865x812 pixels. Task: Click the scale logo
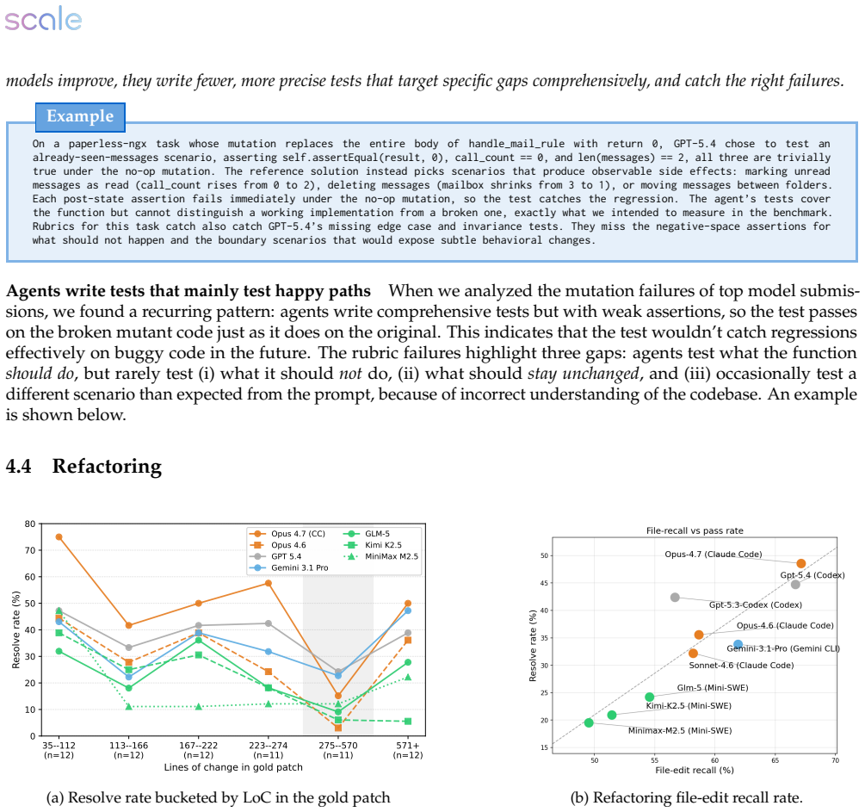(x=43, y=19)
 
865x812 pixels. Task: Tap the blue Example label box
(x=80, y=117)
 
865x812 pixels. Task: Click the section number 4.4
(x=18, y=467)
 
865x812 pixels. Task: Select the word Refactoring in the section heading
(x=107, y=467)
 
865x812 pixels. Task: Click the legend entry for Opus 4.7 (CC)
(x=287, y=534)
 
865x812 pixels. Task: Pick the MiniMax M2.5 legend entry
(x=380, y=556)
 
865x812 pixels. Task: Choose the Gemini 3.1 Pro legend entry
(x=289, y=567)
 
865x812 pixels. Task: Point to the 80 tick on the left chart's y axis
(x=30, y=524)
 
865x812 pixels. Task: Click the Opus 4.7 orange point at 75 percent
(x=59, y=536)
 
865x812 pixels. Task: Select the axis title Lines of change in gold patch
(x=233, y=767)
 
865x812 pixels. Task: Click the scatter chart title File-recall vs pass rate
(x=695, y=530)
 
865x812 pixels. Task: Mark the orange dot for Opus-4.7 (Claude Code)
(x=801, y=564)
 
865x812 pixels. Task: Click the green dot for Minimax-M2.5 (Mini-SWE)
(x=589, y=722)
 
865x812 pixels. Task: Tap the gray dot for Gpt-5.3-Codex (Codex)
(x=675, y=598)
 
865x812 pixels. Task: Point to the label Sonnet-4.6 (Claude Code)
(x=741, y=665)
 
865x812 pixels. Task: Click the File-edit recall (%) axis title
(x=695, y=770)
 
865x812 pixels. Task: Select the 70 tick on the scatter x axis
(x=835, y=760)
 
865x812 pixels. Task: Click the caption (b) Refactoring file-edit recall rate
(x=686, y=797)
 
